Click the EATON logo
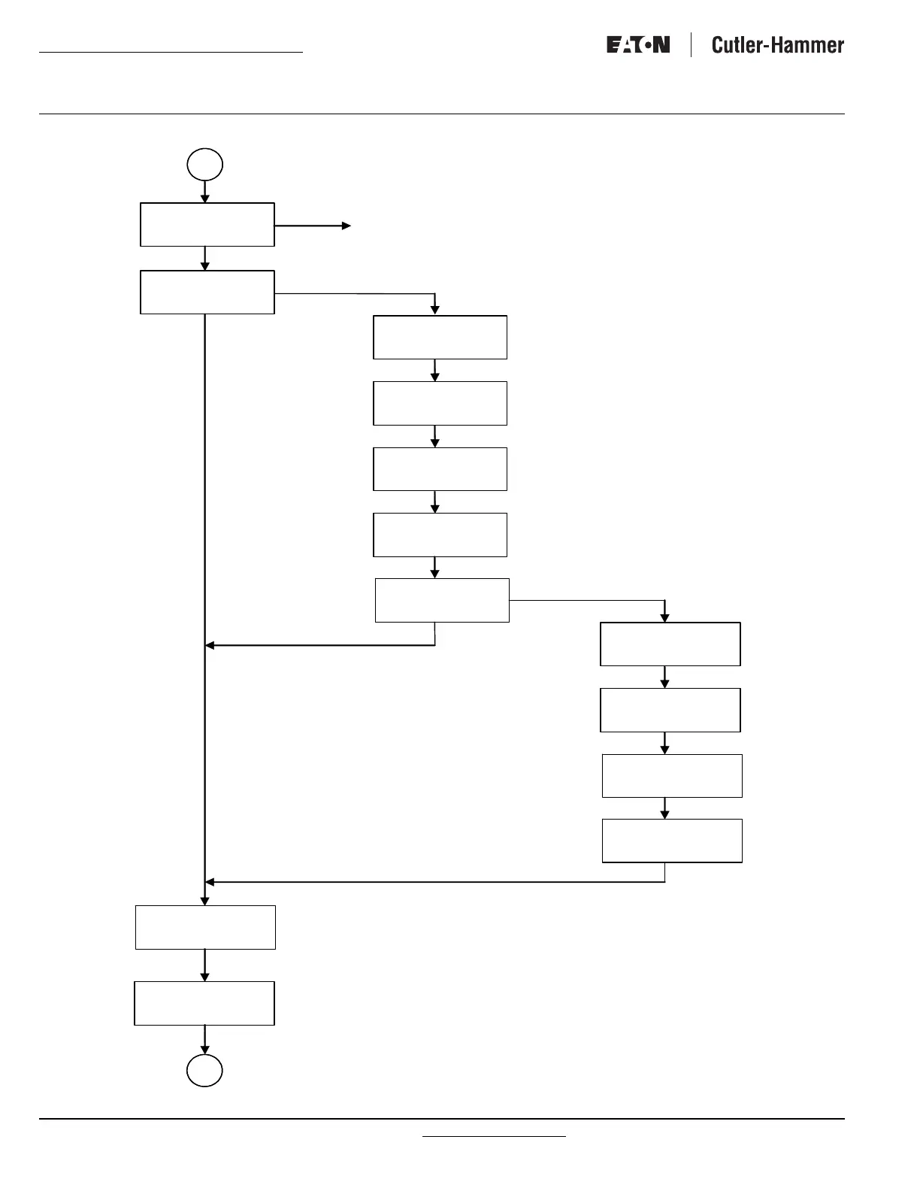coord(638,45)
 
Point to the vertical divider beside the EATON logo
coord(691,45)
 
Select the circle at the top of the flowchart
coord(205,165)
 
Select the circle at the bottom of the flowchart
coord(205,1071)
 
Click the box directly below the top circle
coord(207,224)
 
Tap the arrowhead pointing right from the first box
coord(347,226)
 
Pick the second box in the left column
coord(207,292)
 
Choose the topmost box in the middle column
coord(440,338)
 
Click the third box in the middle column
coord(440,469)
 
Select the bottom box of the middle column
coord(442,600)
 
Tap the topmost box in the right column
coord(670,644)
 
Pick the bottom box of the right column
coord(672,841)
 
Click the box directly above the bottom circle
coord(204,1003)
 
